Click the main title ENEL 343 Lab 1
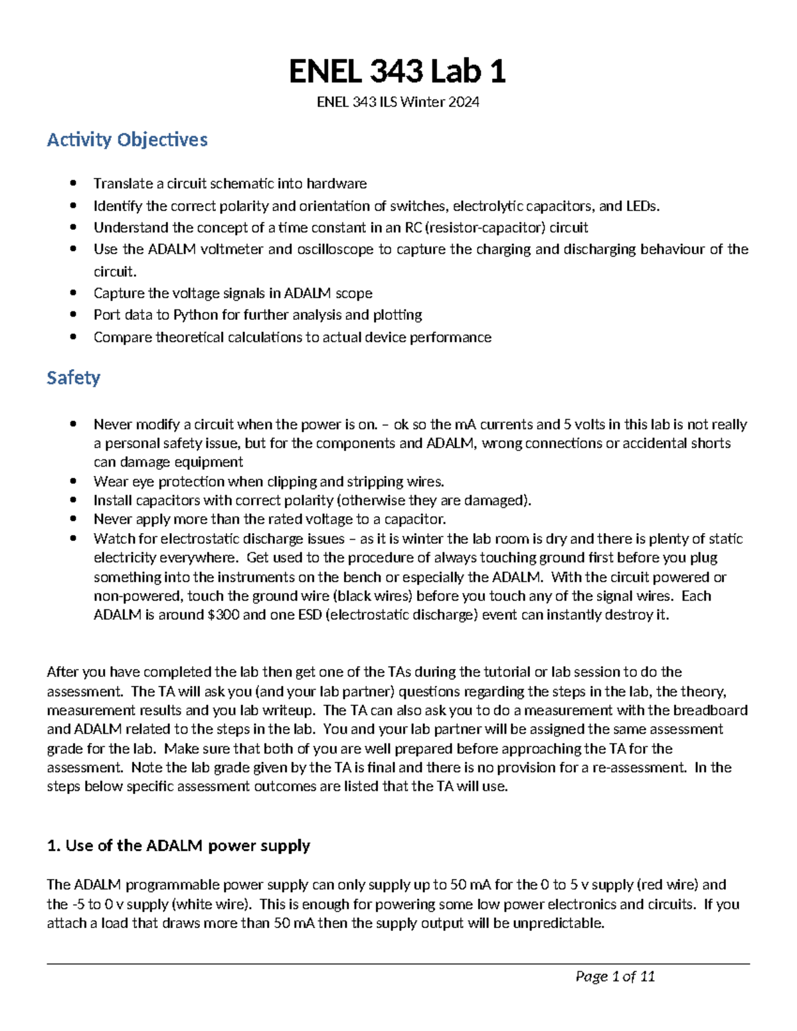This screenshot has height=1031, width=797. tap(397, 72)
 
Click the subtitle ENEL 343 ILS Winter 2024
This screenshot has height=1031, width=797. tap(397, 102)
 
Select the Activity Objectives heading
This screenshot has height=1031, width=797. tap(127, 140)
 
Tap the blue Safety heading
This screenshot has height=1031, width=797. tap(73, 378)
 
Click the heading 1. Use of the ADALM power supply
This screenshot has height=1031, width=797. tap(178, 846)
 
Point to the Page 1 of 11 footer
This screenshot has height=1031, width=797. tap(615, 977)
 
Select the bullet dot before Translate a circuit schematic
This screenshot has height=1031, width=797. tap(74, 183)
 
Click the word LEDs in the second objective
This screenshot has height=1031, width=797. tap(642, 206)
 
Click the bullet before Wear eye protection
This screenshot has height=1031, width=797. tap(74, 481)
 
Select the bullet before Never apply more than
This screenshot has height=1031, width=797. tap(74, 519)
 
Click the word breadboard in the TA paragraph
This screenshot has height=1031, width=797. tap(710, 710)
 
